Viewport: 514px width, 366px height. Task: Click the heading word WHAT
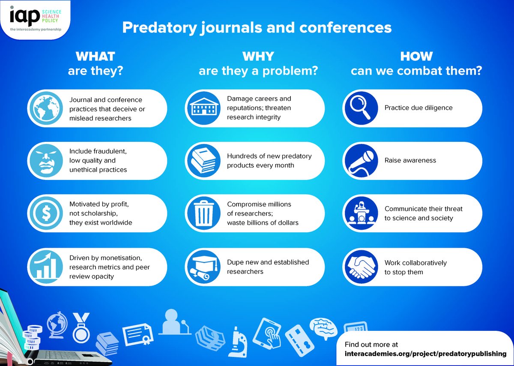pos(95,56)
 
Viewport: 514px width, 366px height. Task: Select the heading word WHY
pos(258,56)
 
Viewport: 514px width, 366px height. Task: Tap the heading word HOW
pos(416,56)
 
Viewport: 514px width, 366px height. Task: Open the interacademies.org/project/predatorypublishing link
pos(425,354)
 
